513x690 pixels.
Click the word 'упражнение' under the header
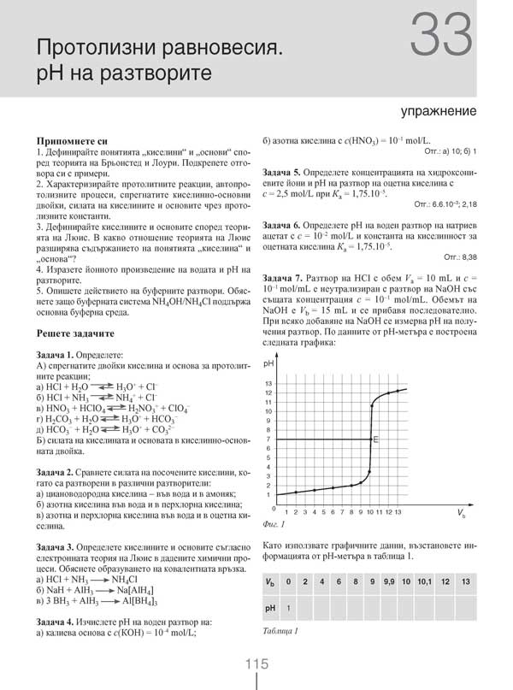coord(438,112)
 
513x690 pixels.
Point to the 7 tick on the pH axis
coord(269,439)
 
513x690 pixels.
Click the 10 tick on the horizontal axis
coord(370,511)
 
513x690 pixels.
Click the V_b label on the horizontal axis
coord(462,516)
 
